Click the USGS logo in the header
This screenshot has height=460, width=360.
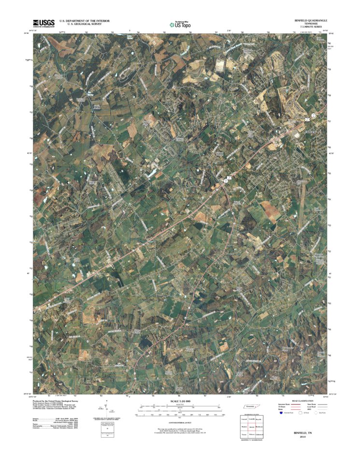pos(43,22)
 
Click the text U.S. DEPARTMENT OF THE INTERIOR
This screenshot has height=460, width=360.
pos(85,21)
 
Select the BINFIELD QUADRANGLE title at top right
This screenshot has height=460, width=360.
pos(311,21)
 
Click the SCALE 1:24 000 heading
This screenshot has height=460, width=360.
pos(179,401)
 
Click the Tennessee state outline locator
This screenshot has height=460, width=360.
pos(252,408)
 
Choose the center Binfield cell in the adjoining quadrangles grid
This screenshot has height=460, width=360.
pos(252,428)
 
